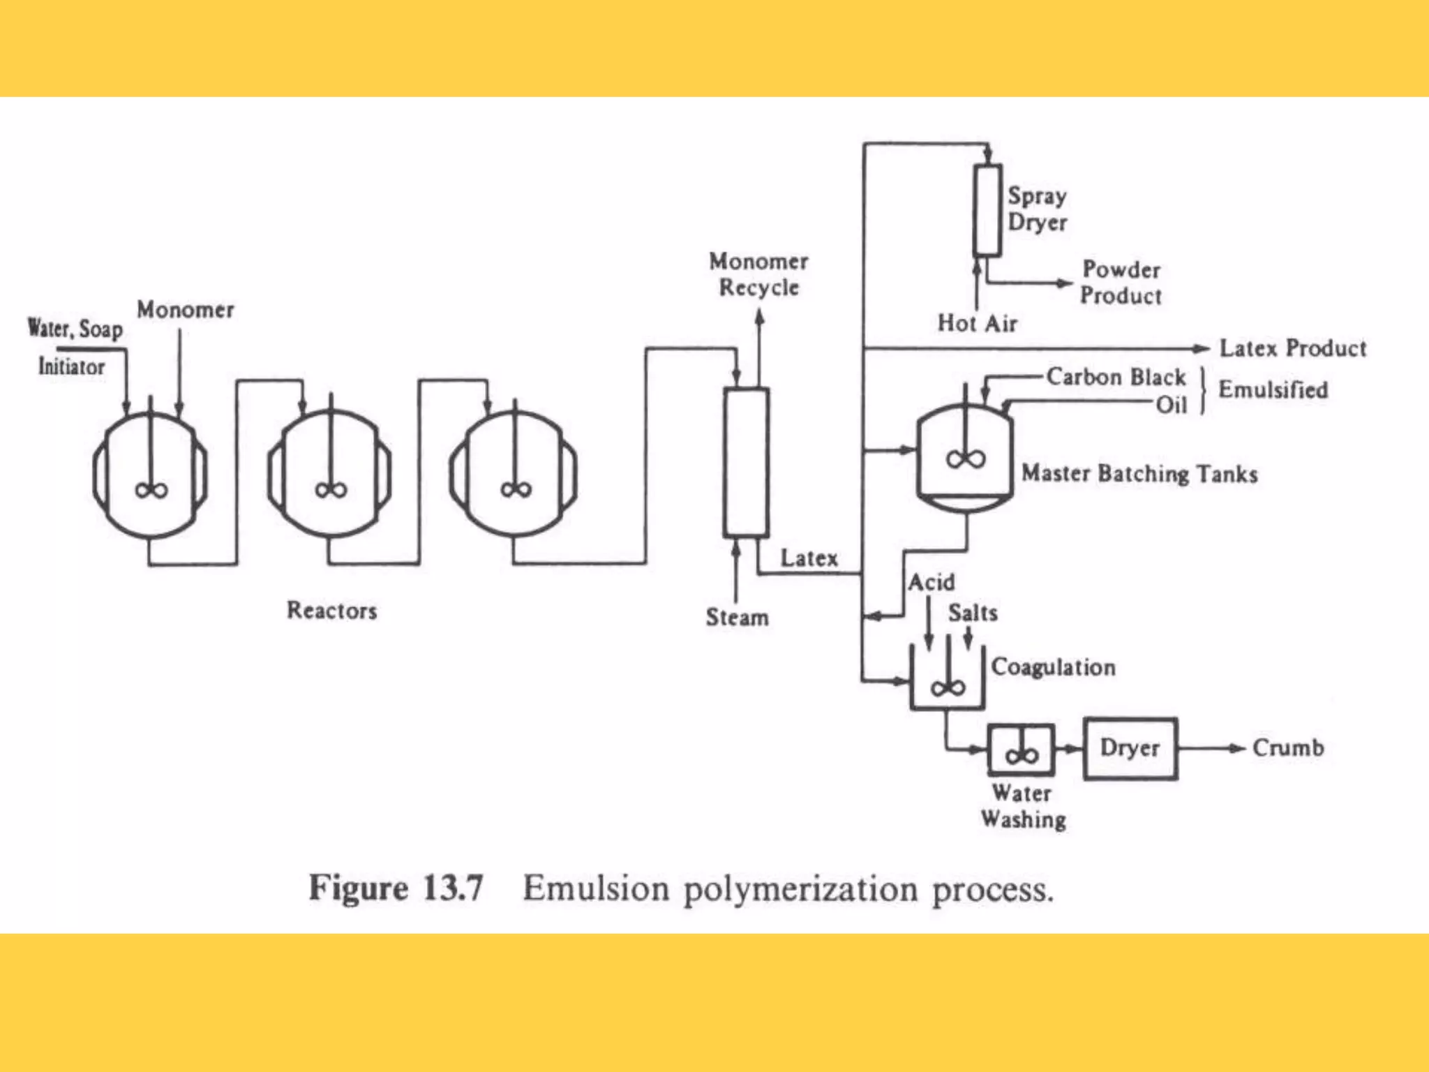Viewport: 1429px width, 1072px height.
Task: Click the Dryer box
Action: click(1130, 748)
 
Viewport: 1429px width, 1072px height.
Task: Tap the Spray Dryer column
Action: click(987, 209)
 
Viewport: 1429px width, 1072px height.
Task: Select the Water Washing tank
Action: click(1021, 750)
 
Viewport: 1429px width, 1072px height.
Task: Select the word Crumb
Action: click(1287, 748)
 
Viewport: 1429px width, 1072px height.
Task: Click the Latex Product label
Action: click(1292, 348)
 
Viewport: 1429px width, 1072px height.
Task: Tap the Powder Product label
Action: click(1121, 283)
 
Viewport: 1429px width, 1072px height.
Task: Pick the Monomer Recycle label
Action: click(758, 274)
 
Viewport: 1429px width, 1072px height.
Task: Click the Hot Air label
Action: click(977, 323)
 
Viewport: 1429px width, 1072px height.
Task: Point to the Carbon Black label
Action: click(1115, 378)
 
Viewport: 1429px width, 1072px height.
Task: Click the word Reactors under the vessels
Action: click(331, 611)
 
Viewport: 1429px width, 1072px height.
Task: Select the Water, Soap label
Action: click(75, 328)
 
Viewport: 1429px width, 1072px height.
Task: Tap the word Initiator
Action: click(71, 366)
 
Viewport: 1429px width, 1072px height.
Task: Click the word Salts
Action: click(973, 613)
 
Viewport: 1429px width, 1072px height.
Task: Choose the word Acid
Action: click(931, 582)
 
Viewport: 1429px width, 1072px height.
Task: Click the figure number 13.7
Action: click(453, 888)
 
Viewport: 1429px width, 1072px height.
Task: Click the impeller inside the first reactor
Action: click(151, 490)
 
